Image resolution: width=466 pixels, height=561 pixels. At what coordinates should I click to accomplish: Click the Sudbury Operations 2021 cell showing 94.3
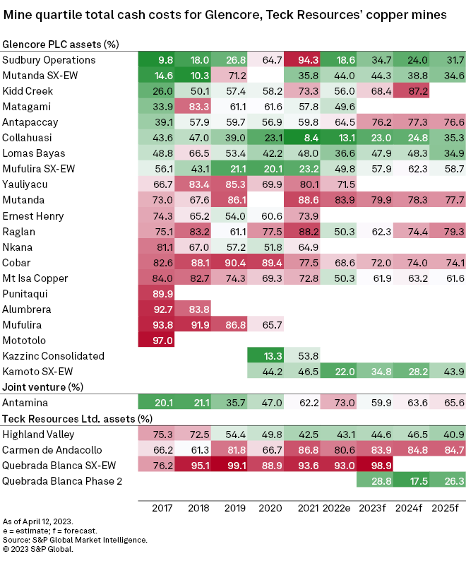(301, 59)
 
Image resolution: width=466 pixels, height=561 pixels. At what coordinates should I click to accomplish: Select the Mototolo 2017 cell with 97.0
(156, 340)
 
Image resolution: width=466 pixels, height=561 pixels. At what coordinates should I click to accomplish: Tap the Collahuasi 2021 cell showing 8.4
(301, 137)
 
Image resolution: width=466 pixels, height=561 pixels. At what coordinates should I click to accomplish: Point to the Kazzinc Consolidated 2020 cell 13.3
(265, 355)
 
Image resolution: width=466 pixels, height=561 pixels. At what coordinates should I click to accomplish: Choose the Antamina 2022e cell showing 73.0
(338, 402)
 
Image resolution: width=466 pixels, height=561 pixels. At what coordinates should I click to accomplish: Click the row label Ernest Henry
(31, 215)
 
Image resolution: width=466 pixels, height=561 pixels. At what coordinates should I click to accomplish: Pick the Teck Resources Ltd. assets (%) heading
(78, 418)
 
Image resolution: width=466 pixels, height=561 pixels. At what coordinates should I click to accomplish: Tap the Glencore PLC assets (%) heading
(61, 45)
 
